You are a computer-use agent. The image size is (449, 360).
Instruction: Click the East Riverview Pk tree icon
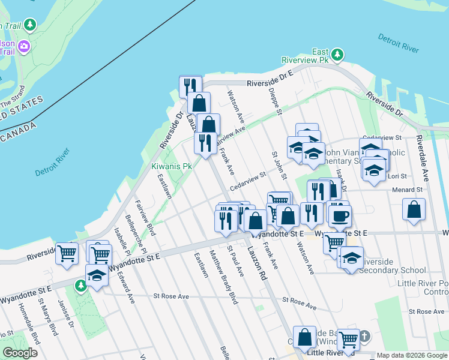[x=337, y=55]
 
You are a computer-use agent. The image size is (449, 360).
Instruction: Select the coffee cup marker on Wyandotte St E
[x=340, y=215]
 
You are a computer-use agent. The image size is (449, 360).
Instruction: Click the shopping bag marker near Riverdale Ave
[x=414, y=210]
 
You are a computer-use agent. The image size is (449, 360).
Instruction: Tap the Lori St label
[x=398, y=176]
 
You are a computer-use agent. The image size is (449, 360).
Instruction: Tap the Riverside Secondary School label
[x=393, y=270]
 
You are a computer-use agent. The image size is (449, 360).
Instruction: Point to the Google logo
[x=20, y=353]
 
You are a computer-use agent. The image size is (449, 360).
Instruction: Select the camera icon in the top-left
[x=24, y=46]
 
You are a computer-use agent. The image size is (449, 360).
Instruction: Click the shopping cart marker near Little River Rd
[x=348, y=340]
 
